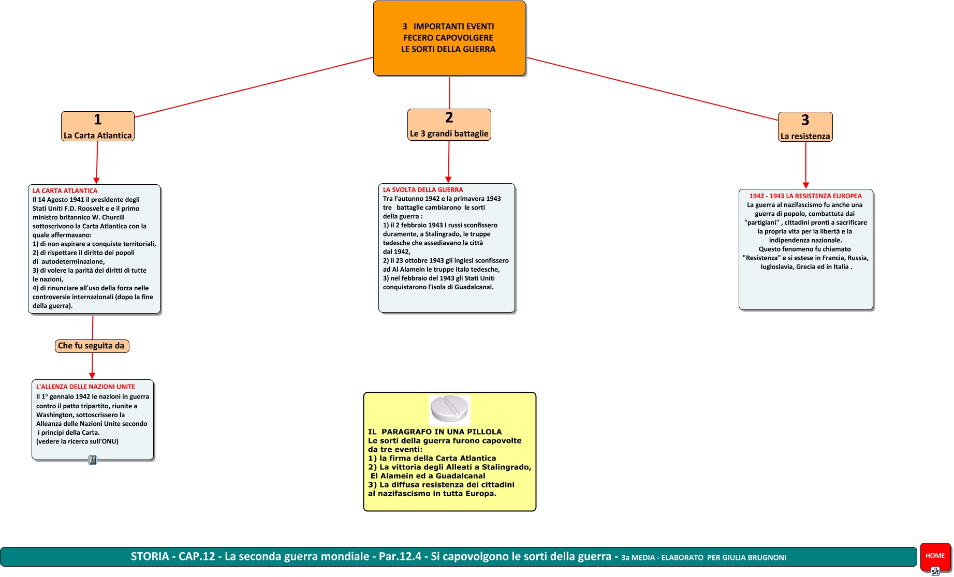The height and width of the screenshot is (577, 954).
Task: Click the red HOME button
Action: click(935, 556)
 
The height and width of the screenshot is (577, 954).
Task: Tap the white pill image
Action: click(450, 409)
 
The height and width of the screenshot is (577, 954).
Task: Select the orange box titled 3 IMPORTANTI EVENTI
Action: click(449, 38)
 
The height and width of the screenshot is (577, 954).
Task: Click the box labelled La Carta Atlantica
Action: click(97, 126)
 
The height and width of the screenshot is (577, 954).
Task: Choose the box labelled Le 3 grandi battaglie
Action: click(449, 125)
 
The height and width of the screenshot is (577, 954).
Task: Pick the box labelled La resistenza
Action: click(805, 127)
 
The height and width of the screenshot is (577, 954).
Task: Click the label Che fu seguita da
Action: click(92, 346)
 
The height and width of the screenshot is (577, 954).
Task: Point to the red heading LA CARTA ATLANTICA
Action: click(65, 191)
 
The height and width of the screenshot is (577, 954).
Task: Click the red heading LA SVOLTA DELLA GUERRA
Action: click(423, 190)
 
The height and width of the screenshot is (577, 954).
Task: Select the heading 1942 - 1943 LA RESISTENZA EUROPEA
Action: click(805, 196)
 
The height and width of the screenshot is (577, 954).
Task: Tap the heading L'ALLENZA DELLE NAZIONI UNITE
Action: click(85, 387)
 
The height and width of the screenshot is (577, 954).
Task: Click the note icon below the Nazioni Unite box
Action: click(93, 460)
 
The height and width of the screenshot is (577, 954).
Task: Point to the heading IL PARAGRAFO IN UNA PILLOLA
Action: click(435, 432)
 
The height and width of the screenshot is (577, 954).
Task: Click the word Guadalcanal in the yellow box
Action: click(460, 476)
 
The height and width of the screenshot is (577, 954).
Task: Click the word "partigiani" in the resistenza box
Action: click(761, 223)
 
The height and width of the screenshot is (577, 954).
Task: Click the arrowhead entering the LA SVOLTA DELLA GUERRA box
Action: click(448, 180)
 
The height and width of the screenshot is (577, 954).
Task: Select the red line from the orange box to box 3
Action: click(652, 89)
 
